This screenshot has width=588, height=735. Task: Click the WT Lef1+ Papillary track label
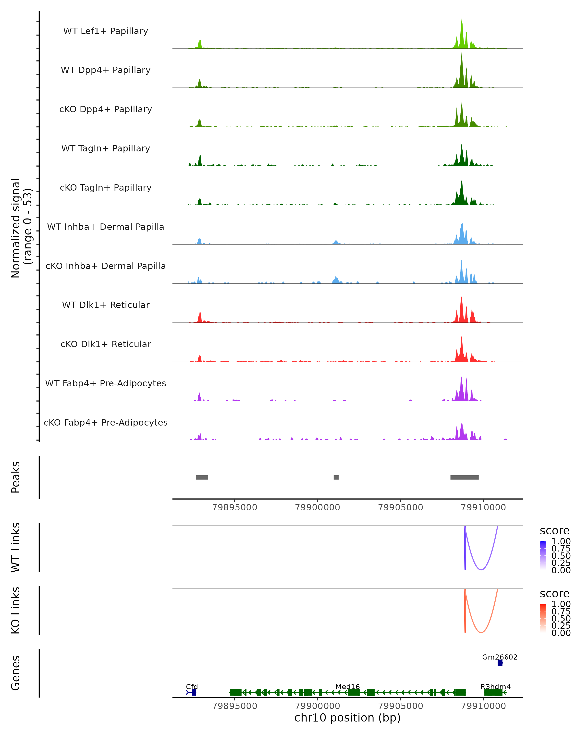pyautogui.click(x=106, y=31)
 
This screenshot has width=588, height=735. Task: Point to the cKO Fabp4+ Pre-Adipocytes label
pyautogui.click(x=106, y=422)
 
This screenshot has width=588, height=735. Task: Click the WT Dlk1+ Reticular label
pyautogui.click(x=106, y=305)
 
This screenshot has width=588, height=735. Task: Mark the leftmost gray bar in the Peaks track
pyautogui.click(x=202, y=477)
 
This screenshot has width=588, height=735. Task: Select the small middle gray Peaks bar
pyautogui.click(x=336, y=477)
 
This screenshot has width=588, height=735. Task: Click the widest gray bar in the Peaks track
pyautogui.click(x=464, y=477)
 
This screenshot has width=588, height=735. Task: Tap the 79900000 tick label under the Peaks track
pyautogui.click(x=317, y=507)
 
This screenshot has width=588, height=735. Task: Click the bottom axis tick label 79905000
pyautogui.click(x=401, y=706)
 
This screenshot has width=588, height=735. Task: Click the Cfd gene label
pyautogui.click(x=192, y=686)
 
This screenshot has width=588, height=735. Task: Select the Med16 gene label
pyautogui.click(x=347, y=686)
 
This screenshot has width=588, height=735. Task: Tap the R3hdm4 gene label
pyautogui.click(x=496, y=686)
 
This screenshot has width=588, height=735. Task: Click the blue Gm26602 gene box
pyautogui.click(x=500, y=663)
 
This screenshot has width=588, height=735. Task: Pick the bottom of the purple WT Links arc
pyautogui.click(x=481, y=570)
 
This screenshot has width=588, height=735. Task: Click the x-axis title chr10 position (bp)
pyautogui.click(x=347, y=718)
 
